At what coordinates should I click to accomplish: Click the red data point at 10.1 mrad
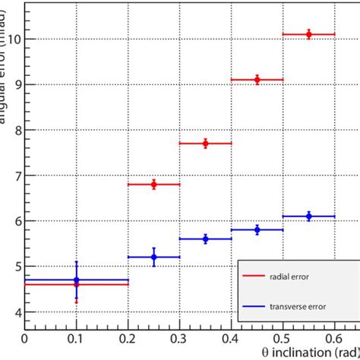308,34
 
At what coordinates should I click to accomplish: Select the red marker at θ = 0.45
257,80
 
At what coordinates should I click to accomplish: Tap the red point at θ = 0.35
205,144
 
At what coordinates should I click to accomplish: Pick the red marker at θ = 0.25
153,185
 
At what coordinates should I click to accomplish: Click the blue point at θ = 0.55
308,216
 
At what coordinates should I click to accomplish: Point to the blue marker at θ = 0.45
257,229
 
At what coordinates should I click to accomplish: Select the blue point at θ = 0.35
205,239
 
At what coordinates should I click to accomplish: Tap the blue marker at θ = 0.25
153,257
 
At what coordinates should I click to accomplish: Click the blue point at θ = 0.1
76,280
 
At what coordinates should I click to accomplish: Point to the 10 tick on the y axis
13,39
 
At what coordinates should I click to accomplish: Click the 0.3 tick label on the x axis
179,338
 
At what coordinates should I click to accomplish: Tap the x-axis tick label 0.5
282,338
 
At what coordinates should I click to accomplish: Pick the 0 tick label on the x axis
25,338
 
